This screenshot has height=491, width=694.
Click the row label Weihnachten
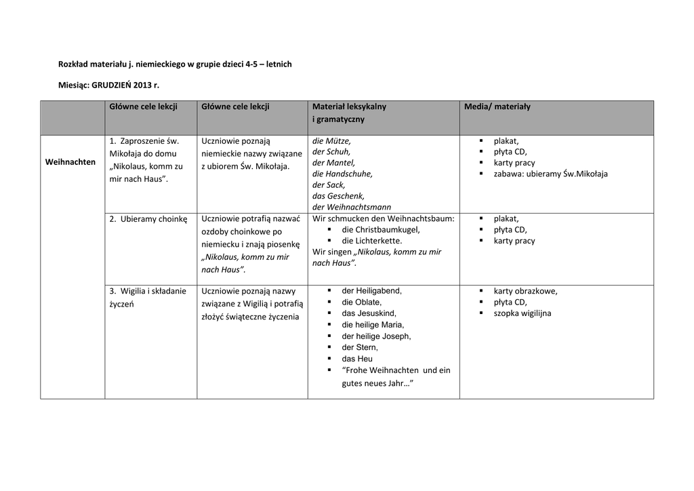(x=70, y=162)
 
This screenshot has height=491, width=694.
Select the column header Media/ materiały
(x=497, y=106)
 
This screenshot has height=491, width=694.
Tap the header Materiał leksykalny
(x=349, y=106)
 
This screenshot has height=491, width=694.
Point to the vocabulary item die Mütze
(x=331, y=141)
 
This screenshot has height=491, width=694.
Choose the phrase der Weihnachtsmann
(x=351, y=207)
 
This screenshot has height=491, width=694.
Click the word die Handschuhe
(x=342, y=174)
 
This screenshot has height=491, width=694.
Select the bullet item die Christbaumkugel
(x=380, y=230)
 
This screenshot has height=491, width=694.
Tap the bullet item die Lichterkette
(x=371, y=241)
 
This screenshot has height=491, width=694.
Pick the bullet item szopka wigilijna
(x=522, y=313)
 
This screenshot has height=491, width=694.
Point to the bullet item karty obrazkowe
(x=525, y=291)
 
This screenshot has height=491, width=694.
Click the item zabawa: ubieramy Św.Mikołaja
(x=550, y=174)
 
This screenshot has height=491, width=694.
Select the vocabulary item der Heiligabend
(x=371, y=291)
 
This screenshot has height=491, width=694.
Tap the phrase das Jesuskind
(x=369, y=313)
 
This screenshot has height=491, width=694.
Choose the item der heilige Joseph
(x=376, y=336)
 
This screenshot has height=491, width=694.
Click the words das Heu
(x=357, y=359)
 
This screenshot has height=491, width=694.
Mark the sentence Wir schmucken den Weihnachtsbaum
(x=383, y=219)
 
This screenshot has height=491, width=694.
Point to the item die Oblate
(x=361, y=302)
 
